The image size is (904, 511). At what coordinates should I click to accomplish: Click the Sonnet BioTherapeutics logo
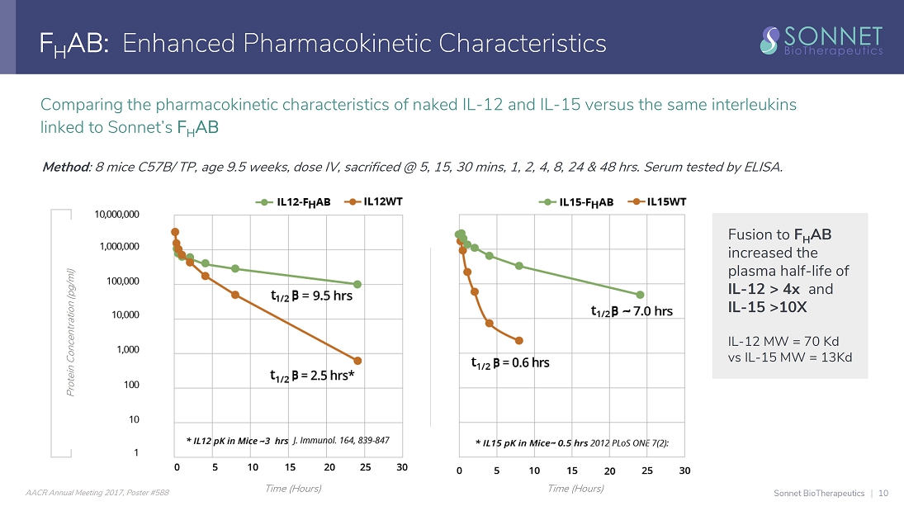[821, 39]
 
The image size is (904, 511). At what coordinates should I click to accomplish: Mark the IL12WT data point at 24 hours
[357, 361]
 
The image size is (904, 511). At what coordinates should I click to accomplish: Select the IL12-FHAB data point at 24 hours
[357, 284]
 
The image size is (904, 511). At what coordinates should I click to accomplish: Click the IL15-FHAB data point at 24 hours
[640, 295]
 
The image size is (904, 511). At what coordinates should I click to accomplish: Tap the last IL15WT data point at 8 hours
[518, 340]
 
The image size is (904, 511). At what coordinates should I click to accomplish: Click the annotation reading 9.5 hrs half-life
[311, 295]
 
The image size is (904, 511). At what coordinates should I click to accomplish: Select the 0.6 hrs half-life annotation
[510, 362]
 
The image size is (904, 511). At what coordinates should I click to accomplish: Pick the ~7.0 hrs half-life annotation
[632, 311]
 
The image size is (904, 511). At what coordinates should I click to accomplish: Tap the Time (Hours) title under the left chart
[293, 489]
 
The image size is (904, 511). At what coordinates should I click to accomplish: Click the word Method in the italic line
[65, 168]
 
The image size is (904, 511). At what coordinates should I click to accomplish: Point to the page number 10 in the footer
[883, 493]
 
